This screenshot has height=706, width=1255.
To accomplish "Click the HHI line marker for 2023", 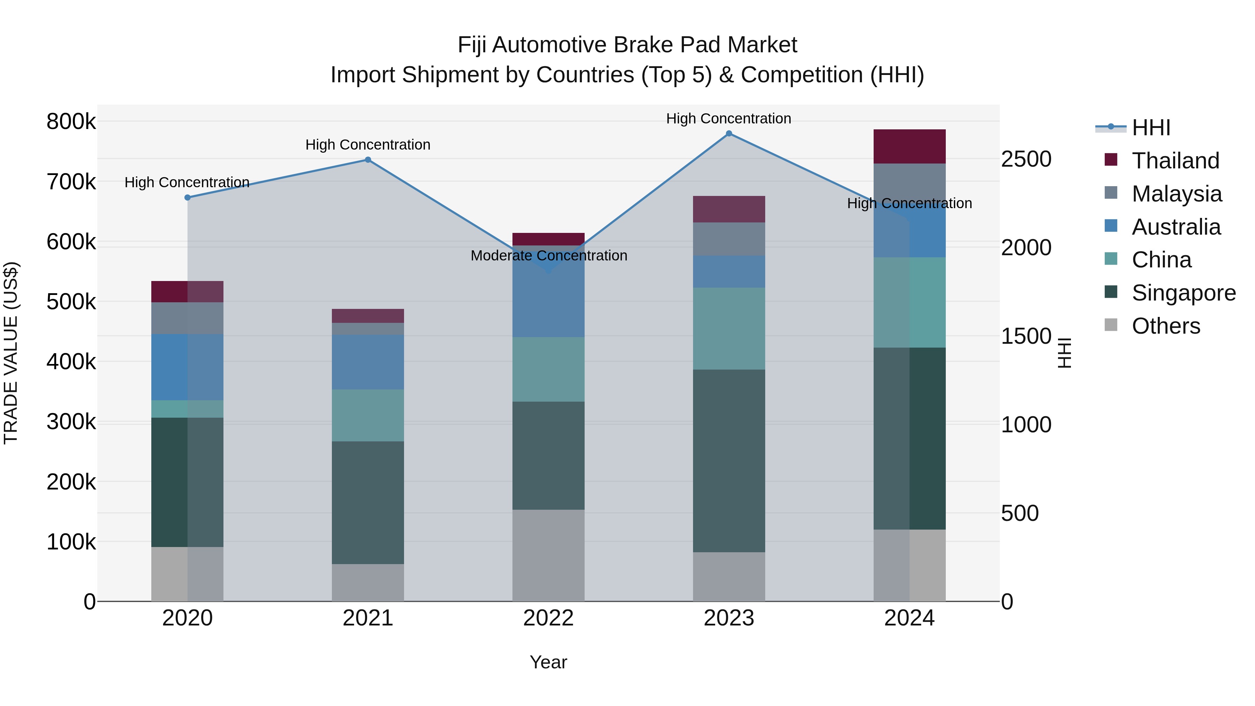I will click(x=729, y=134).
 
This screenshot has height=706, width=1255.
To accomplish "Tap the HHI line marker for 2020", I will click(x=188, y=197).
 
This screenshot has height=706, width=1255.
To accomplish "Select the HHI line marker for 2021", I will click(x=368, y=160).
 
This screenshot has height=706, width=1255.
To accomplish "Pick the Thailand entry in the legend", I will click(x=1175, y=161).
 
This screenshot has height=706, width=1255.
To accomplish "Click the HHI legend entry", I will click(x=1151, y=128).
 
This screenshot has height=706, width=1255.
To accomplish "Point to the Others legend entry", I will click(x=1166, y=326).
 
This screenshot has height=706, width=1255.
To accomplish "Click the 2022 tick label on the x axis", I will click(x=549, y=618).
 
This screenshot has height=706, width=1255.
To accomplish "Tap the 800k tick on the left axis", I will click(x=71, y=121).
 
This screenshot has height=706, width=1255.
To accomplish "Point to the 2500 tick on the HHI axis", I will click(x=1026, y=159).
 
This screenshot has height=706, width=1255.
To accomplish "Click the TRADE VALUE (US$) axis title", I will click(x=11, y=353).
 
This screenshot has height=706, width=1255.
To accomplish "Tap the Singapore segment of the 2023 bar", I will click(x=729, y=461).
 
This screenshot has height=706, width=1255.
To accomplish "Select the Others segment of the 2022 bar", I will click(x=549, y=555).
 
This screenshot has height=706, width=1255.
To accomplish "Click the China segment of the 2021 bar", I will click(x=368, y=415).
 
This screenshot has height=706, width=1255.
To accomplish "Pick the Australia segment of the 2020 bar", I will click(x=188, y=367).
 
